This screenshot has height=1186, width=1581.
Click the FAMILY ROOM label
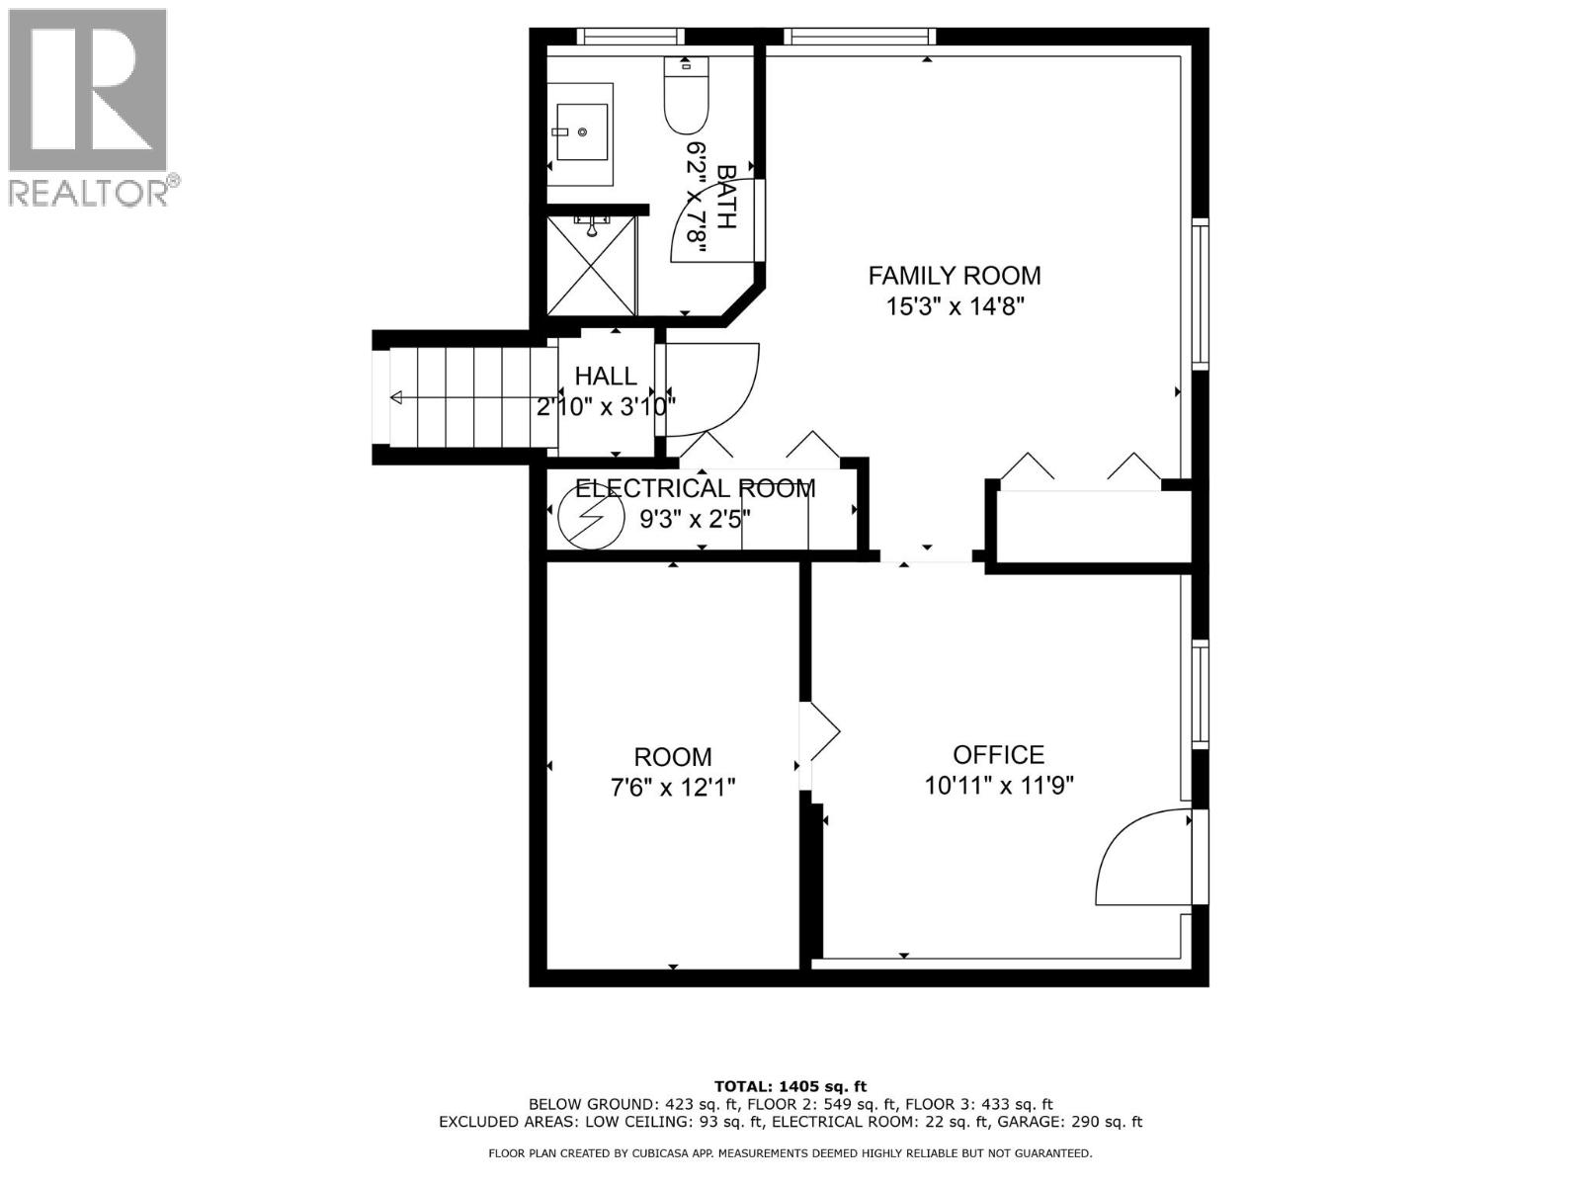(954, 275)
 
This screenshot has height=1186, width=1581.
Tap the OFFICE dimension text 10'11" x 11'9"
(998, 786)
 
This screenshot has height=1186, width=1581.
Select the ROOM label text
(672, 757)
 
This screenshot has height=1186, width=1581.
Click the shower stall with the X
(591, 265)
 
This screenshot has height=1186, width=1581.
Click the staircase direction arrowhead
(397, 398)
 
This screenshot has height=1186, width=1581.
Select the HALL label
(606, 376)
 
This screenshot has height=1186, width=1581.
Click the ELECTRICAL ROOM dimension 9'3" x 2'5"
(695, 518)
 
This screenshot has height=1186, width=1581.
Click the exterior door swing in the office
(1146, 858)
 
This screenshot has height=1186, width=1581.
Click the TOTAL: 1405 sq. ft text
(790, 1086)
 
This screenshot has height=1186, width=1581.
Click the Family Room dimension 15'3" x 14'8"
(954, 306)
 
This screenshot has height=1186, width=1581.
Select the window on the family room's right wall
(1200, 294)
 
